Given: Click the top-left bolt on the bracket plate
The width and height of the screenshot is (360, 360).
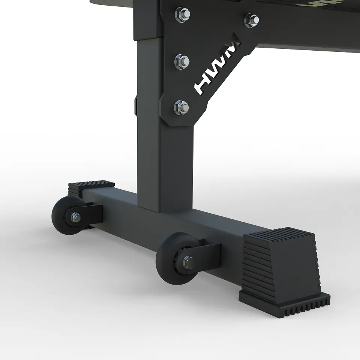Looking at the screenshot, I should pos(182,14).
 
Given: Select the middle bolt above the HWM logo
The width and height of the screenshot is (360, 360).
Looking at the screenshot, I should pos(182,60).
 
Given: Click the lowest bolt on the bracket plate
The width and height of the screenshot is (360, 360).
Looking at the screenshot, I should pos(181,108).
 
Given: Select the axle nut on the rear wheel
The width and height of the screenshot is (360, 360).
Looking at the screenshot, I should pos(75,217).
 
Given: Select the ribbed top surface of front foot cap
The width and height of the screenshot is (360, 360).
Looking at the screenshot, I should pos(279,234).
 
